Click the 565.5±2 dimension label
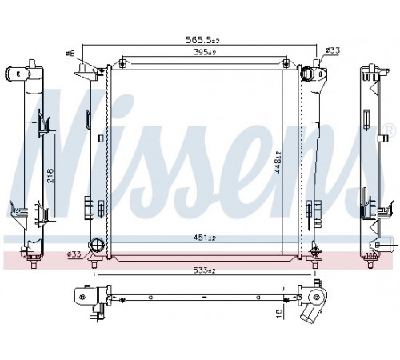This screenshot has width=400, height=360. coord(202,40)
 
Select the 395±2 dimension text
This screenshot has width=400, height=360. coord(205,53)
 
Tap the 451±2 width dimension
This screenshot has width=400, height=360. coord(204,238)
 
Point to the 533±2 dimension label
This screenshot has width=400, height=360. coord(204,270)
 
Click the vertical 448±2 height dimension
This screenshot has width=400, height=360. coord(278,162)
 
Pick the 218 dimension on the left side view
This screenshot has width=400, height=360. coord(50,175)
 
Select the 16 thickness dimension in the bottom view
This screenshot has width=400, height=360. coord(278,314)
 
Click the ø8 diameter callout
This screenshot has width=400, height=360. coord(70,54)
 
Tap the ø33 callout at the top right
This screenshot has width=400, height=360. coord(333,50)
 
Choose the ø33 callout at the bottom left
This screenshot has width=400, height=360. coord(74,254)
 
